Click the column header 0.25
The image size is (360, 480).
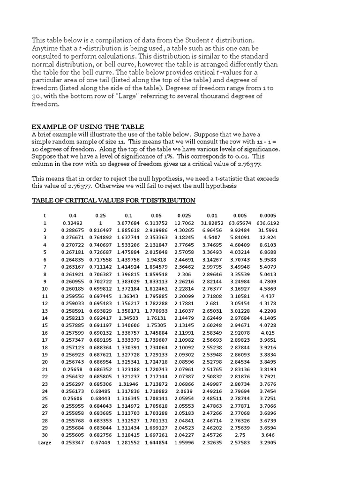point(100,215)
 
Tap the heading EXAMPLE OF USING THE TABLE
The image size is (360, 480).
point(88,127)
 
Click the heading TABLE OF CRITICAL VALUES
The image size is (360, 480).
point(113,200)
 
